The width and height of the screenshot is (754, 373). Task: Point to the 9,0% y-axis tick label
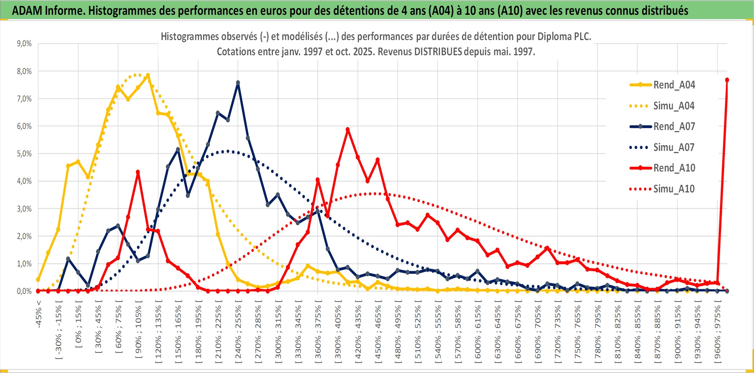(x=24, y=44)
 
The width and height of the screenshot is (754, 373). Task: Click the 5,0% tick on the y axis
(x=24, y=154)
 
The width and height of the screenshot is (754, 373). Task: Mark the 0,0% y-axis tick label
(x=24, y=291)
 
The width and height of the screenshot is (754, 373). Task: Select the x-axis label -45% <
(x=38, y=314)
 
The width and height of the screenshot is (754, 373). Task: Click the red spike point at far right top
(x=727, y=80)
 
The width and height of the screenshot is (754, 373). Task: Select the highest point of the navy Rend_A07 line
(x=238, y=83)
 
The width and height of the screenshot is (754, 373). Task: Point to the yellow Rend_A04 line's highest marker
(x=148, y=75)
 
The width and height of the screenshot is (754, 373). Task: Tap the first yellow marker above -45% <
(x=38, y=279)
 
